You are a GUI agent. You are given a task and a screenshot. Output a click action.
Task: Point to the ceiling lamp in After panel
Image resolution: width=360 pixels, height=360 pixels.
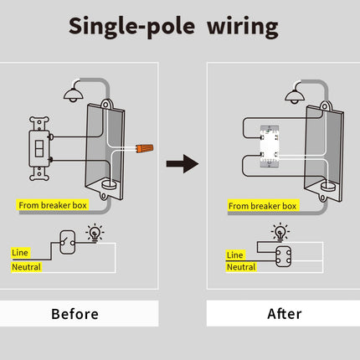click(x=295, y=93)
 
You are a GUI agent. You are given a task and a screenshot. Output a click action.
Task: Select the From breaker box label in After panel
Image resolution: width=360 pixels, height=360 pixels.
click(x=262, y=205)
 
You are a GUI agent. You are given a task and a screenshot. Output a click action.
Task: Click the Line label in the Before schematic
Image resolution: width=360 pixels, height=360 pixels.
click(x=19, y=252)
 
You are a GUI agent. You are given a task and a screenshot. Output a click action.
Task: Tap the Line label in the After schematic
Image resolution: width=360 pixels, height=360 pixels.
click(x=235, y=254)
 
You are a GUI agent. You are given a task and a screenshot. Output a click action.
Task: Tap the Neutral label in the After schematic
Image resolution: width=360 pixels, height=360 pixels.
click(x=241, y=266)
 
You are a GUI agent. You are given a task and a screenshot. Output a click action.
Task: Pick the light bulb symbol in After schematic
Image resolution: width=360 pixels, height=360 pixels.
click(x=279, y=232)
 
